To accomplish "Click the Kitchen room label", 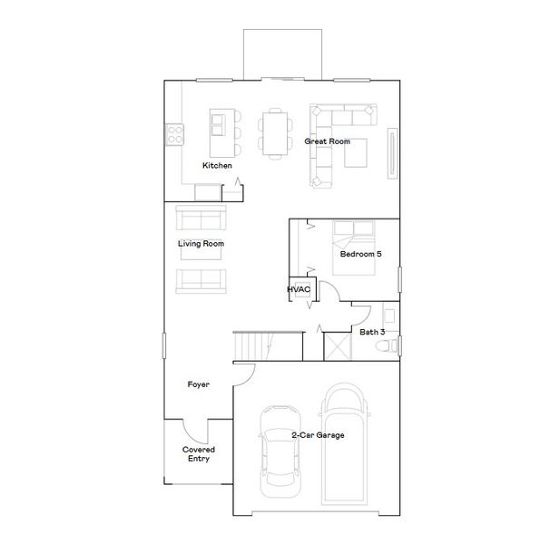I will pos(217,166).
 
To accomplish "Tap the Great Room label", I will pos(328,142).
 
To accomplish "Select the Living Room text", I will pos(201,244).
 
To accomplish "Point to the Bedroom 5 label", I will pos(360,255).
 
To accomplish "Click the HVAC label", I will pos(299,289).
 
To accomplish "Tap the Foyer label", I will pos(199,384).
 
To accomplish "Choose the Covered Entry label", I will pos(198,453).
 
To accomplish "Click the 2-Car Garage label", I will pos(318,436).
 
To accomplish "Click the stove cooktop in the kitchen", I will pos(174,135).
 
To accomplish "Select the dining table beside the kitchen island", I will pos(274,132).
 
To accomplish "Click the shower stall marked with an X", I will pos(337,347).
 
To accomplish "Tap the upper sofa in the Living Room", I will pos(201,219).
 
